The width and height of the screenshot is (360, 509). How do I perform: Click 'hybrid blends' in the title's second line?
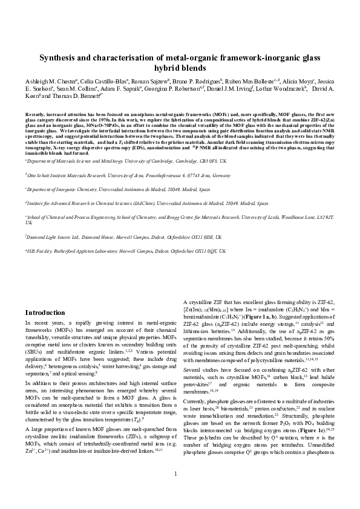180,69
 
